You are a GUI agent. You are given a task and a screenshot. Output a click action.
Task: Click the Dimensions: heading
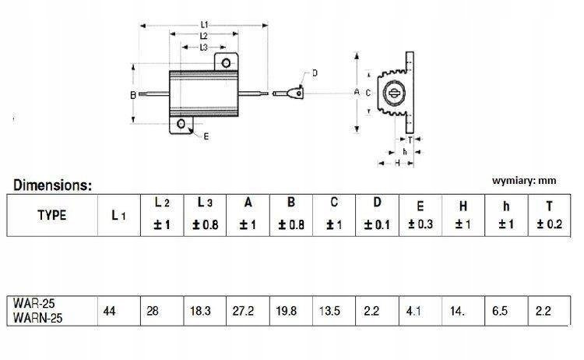coord(52,185)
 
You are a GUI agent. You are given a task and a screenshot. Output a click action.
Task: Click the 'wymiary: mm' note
coord(525,180)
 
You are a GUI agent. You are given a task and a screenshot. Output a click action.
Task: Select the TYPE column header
coord(51,215)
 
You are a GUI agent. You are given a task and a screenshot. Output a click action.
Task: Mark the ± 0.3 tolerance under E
coord(420,225)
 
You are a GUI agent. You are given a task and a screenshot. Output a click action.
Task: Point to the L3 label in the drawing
coord(202,47)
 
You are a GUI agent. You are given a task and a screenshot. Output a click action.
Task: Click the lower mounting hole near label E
coord(181,123)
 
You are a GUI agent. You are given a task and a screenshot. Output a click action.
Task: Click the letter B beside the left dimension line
coord(132,94)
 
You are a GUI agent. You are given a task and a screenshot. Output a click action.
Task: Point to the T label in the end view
coord(410,139)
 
